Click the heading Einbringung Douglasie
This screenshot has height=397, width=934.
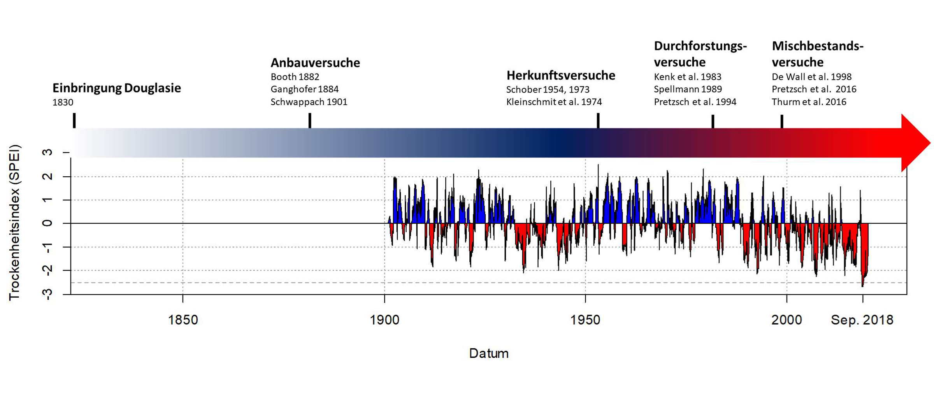tap(116, 88)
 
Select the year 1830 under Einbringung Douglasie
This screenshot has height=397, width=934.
tap(63, 102)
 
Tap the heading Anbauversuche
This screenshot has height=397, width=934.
tap(315, 63)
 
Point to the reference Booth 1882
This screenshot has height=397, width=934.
tap(295, 77)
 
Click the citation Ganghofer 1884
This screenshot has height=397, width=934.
tap(304, 89)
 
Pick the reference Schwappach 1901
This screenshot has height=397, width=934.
tap(309, 102)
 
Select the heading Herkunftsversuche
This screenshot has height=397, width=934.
tap(560, 75)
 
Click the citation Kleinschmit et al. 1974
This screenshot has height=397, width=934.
tap(554, 102)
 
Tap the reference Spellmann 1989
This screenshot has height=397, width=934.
tap(688, 89)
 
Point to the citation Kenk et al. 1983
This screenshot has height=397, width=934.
tap(687, 77)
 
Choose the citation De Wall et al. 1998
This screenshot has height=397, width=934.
tap(811, 77)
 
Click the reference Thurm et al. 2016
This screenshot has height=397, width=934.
tap(809, 102)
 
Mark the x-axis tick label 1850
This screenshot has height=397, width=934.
tap(183, 320)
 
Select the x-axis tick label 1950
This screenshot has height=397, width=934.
tap(585, 320)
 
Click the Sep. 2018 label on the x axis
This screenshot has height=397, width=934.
tap(862, 320)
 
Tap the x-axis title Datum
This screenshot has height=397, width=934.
tap(489, 353)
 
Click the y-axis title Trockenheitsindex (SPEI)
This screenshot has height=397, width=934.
tap(14, 223)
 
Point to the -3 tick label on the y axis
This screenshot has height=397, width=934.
tap(47, 294)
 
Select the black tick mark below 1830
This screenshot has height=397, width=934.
tap(74, 120)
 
